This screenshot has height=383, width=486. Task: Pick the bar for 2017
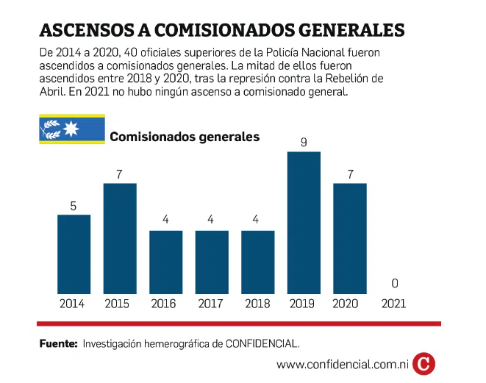212,262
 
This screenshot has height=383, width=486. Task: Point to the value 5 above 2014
74,206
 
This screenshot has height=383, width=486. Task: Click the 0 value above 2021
396,284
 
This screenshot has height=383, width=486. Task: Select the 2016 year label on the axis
165,303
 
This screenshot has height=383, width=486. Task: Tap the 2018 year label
257,303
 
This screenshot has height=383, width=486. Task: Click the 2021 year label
396,303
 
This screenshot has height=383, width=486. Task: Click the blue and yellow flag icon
71,129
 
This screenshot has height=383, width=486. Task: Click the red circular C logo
424,363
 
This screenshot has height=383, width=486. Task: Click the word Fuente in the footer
58,343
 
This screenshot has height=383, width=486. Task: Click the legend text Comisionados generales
184,137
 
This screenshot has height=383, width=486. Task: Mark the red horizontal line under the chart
239,323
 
